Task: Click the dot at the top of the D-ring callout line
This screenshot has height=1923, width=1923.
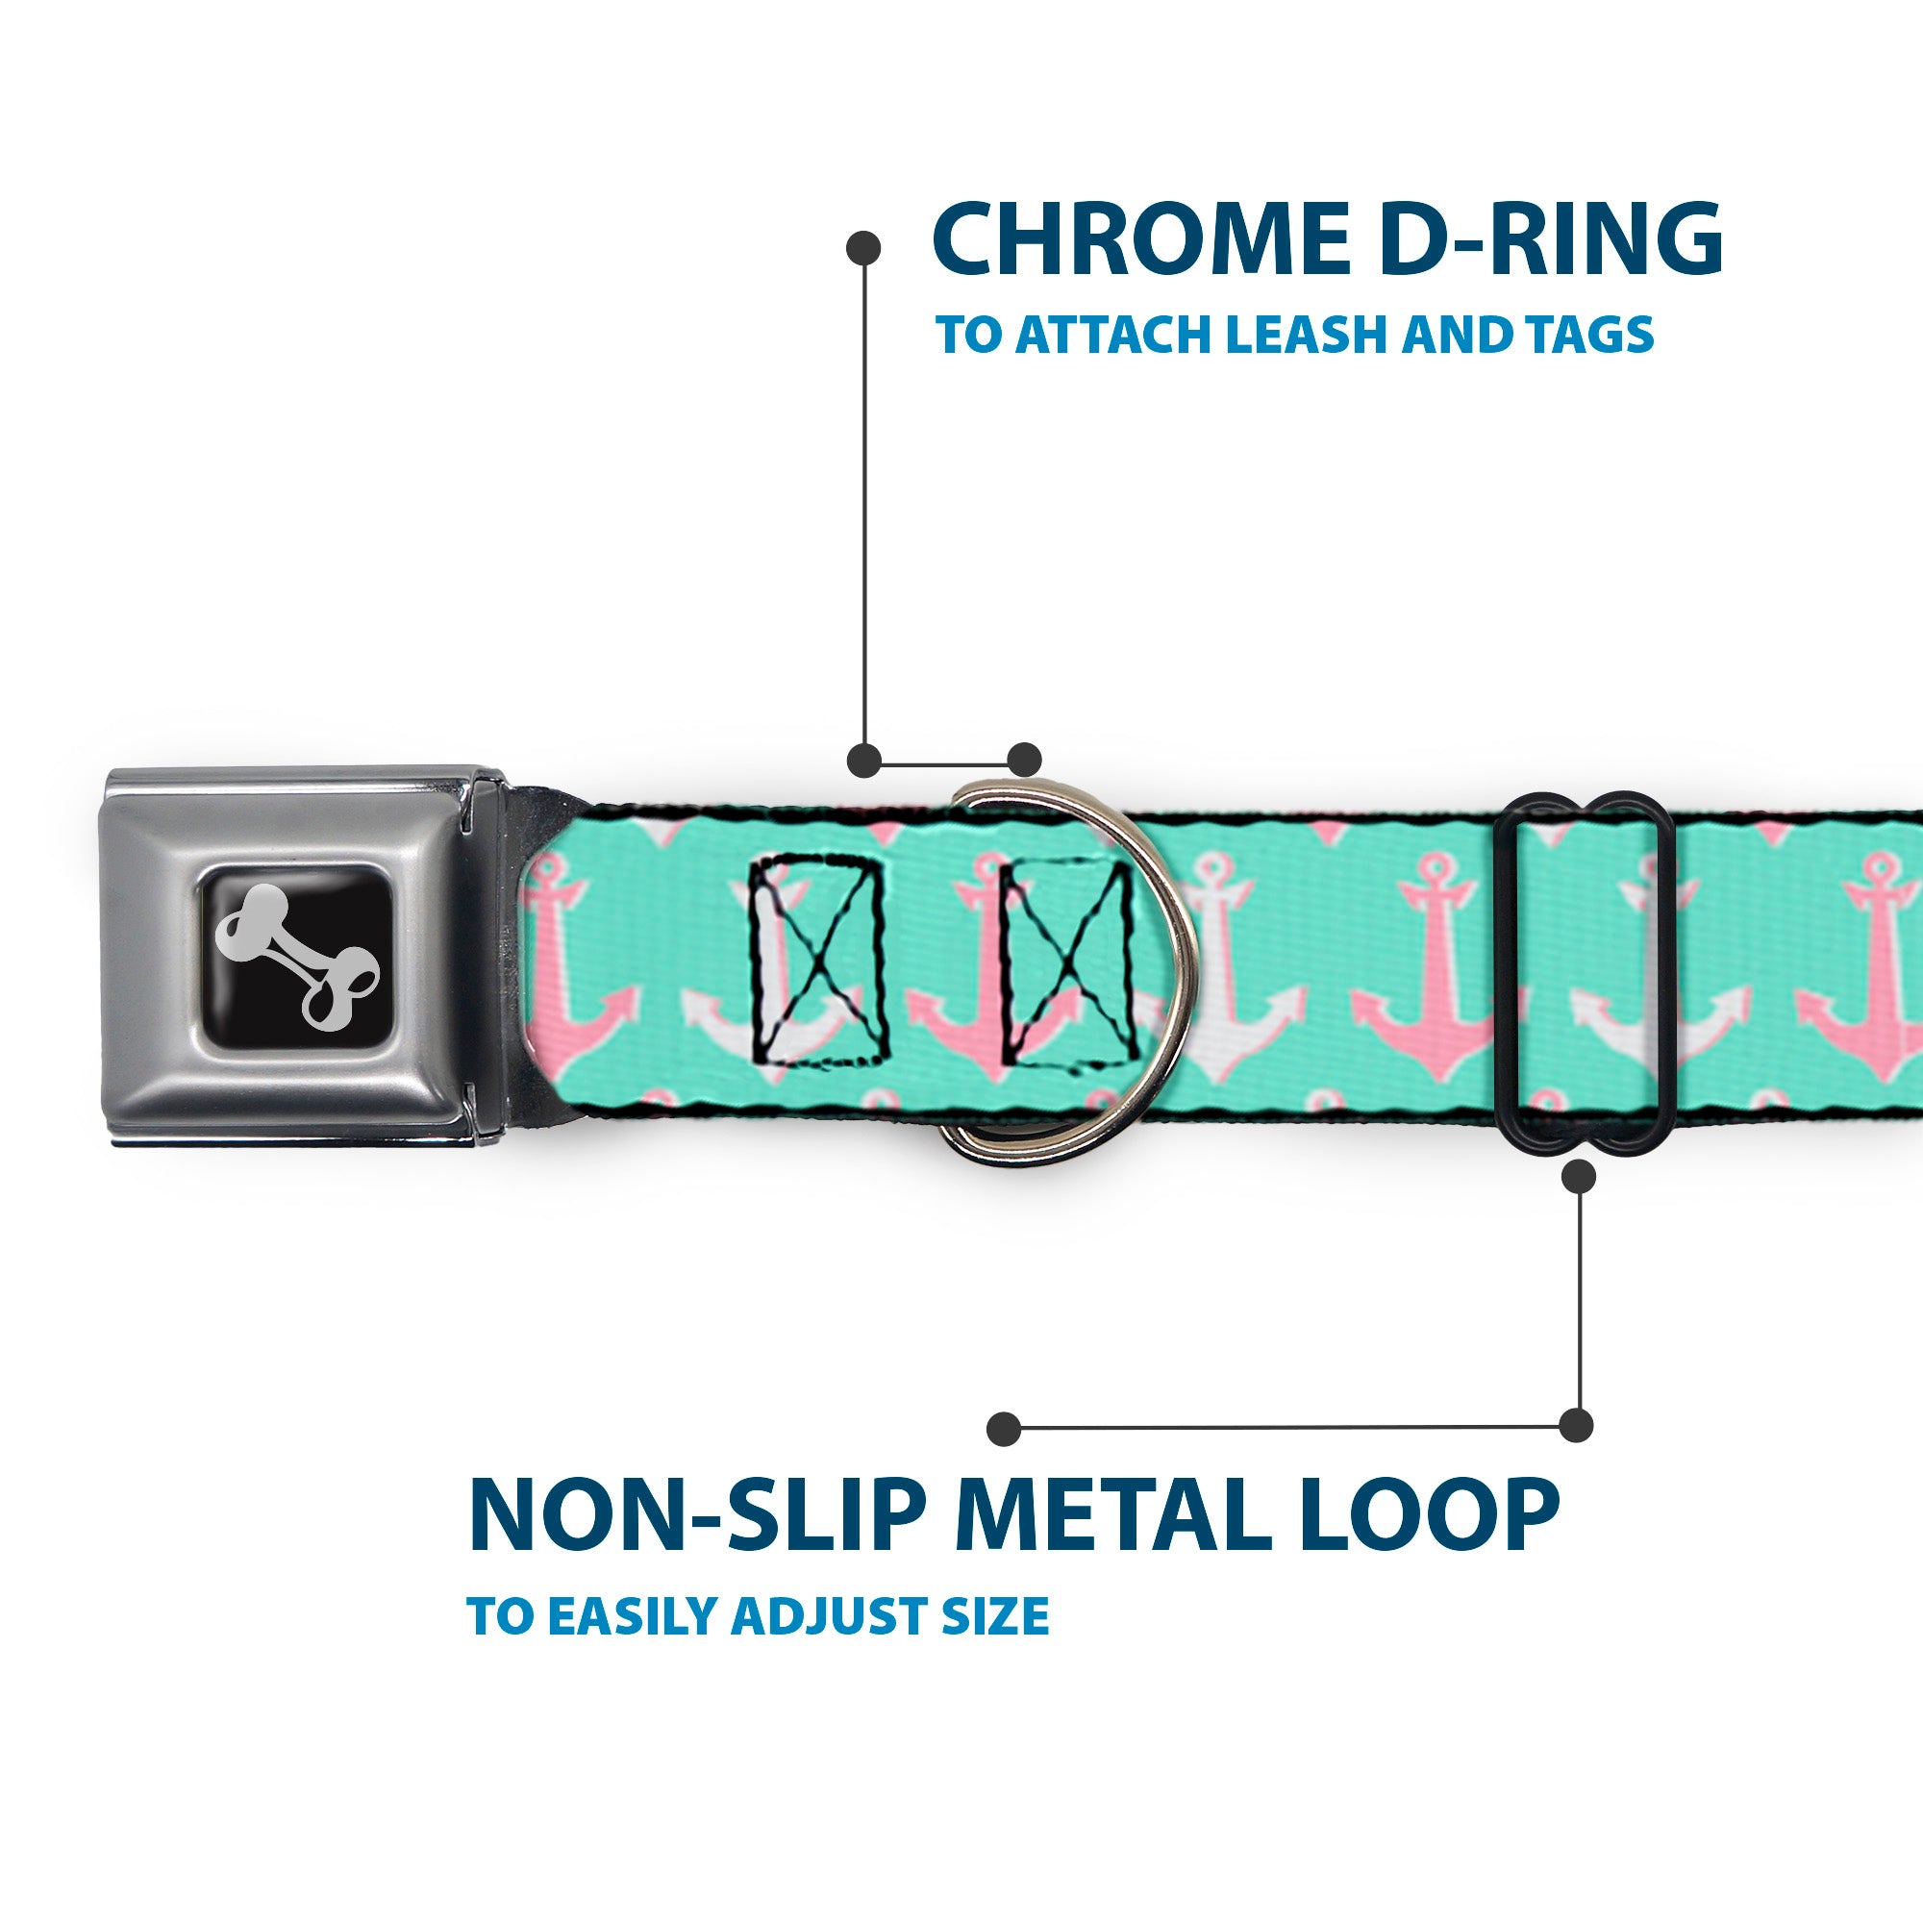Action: pos(863,248)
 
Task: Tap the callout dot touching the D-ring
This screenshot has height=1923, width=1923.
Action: pos(1024,760)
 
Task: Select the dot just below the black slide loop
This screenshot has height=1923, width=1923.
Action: pos(1580,1177)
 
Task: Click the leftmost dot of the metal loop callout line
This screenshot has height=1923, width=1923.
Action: pos(1005,1427)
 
